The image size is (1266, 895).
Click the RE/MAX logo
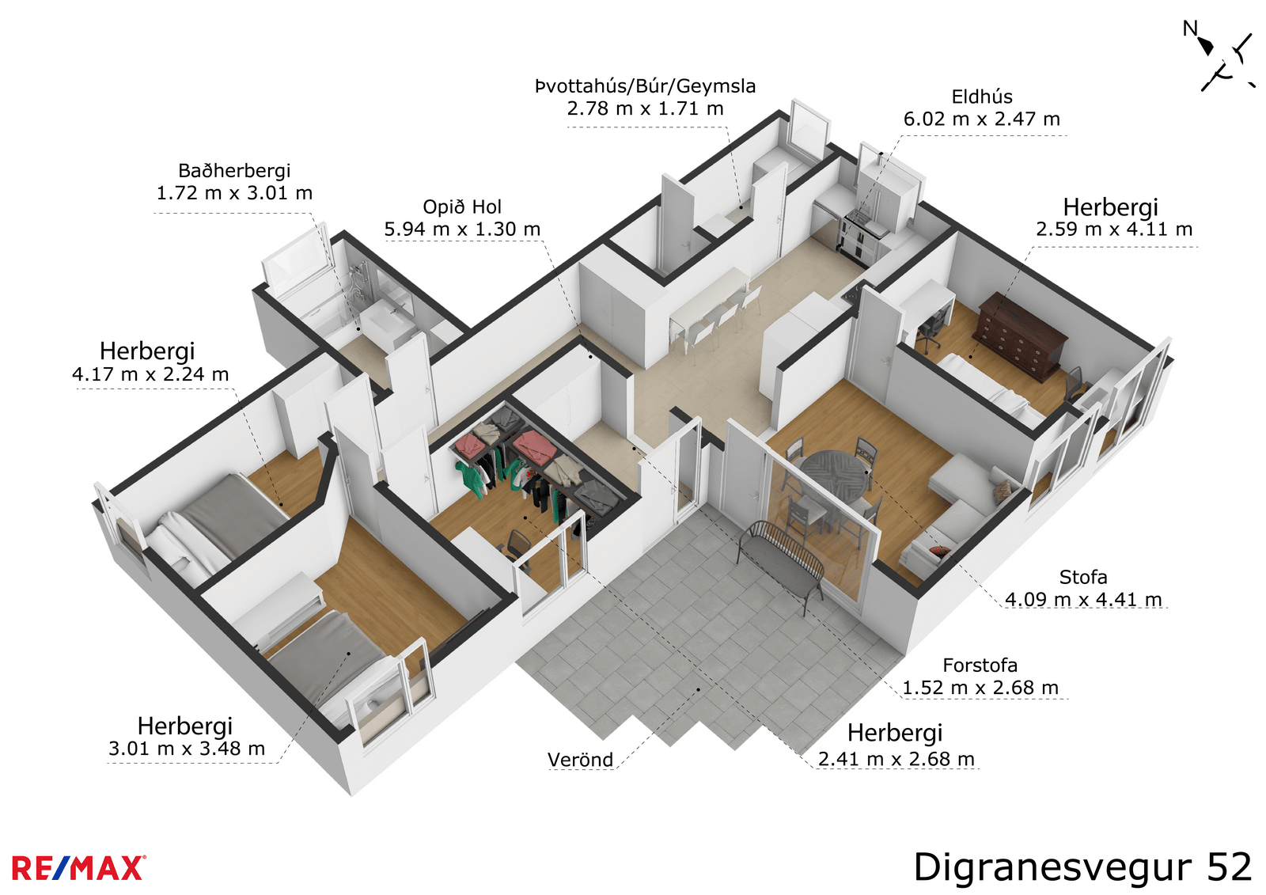pos(78,868)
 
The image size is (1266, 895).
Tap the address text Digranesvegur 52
pos(1082,867)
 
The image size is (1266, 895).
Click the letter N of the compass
pos(1190,28)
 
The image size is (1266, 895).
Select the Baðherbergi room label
pos(234,171)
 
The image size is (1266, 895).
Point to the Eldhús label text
pos(982,97)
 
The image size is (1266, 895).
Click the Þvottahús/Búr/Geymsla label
pos(645,86)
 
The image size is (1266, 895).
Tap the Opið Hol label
pos(462,207)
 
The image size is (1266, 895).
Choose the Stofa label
pos(1083,577)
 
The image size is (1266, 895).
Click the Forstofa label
pos(980,666)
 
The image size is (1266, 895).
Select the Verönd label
pos(581,760)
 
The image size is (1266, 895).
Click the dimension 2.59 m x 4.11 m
pos(1114,229)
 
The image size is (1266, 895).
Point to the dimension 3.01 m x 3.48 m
pos(187,749)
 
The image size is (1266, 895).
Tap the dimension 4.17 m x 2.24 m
pos(150,374)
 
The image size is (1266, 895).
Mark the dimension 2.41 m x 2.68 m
pos(896,760)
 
